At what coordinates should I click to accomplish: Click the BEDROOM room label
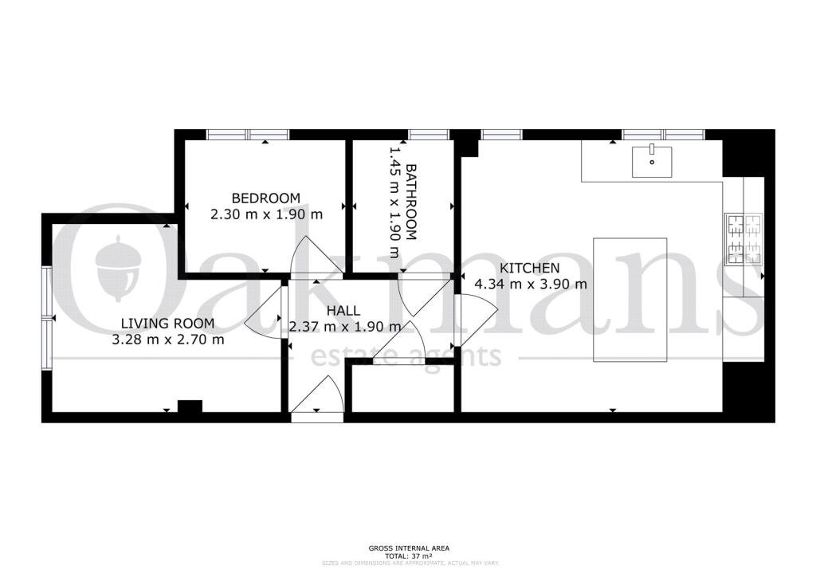[x=266, y=198]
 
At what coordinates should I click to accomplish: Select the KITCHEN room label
[x=530, y=269]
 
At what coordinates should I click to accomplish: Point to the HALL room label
[x=343, y=311]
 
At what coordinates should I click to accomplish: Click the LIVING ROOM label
[x=167, y=324]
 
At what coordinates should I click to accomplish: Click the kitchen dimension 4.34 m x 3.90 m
[x=531, y=285]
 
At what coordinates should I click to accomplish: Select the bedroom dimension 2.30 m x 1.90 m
[x=266, y=214]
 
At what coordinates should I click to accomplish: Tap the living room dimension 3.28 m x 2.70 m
[x=168, y=340]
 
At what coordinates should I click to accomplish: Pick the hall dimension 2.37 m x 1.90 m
[x=345, y=328]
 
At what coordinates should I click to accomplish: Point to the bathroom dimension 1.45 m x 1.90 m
[x=395, y=202]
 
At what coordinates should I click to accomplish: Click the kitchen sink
[x=652, y=162]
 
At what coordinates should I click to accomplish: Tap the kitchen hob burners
[x=744, y=239]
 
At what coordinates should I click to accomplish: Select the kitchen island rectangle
[x=630, y=300]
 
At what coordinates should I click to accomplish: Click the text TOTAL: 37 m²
[x=409, y=555]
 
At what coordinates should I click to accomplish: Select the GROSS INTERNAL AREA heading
[x=409, y=548]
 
